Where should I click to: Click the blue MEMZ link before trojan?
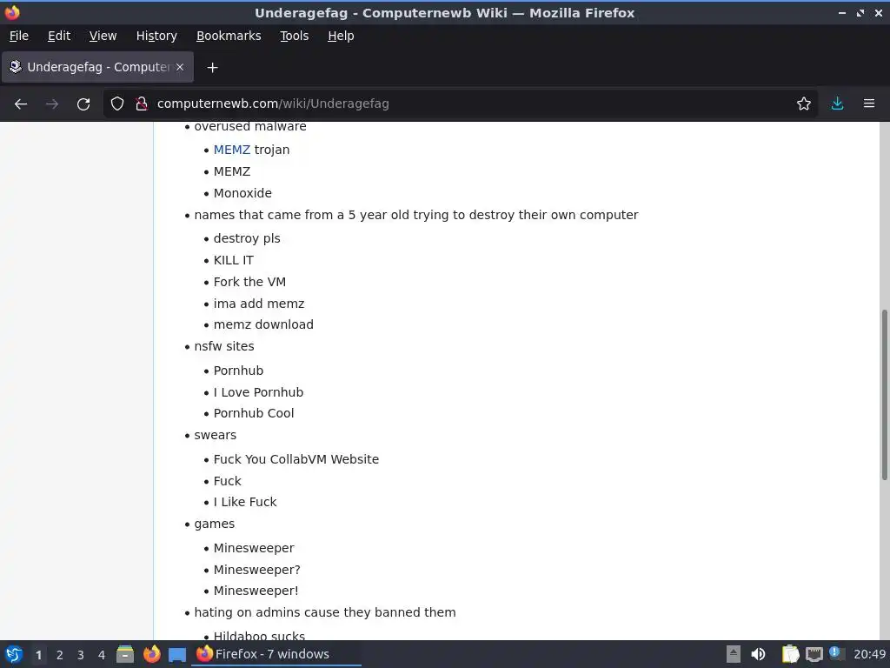tap(231, 150)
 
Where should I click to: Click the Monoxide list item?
tap(242, 193)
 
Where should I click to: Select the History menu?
tap(156, 36)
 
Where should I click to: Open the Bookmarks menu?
tap(229, 36)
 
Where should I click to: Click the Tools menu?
tap(294, 36)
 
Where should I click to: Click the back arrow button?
tap(21, 104)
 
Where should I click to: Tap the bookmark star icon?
tap(804, 104)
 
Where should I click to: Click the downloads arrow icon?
tap(837, 104)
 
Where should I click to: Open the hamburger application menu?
tap(868, 104)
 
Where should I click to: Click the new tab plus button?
tap(212, 67)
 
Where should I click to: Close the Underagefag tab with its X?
tap(180, 67)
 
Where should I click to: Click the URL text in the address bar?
tap(273, 104)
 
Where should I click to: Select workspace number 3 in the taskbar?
tap(81, 655)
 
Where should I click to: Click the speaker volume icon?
tap(758, 654)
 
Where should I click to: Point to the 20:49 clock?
tap(869, 654)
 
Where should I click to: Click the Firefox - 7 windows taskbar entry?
tap(271, 654)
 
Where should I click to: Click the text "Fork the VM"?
tap(249, 282)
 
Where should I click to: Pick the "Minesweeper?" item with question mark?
tap(256, 570)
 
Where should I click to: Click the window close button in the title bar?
tap(877, 13)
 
